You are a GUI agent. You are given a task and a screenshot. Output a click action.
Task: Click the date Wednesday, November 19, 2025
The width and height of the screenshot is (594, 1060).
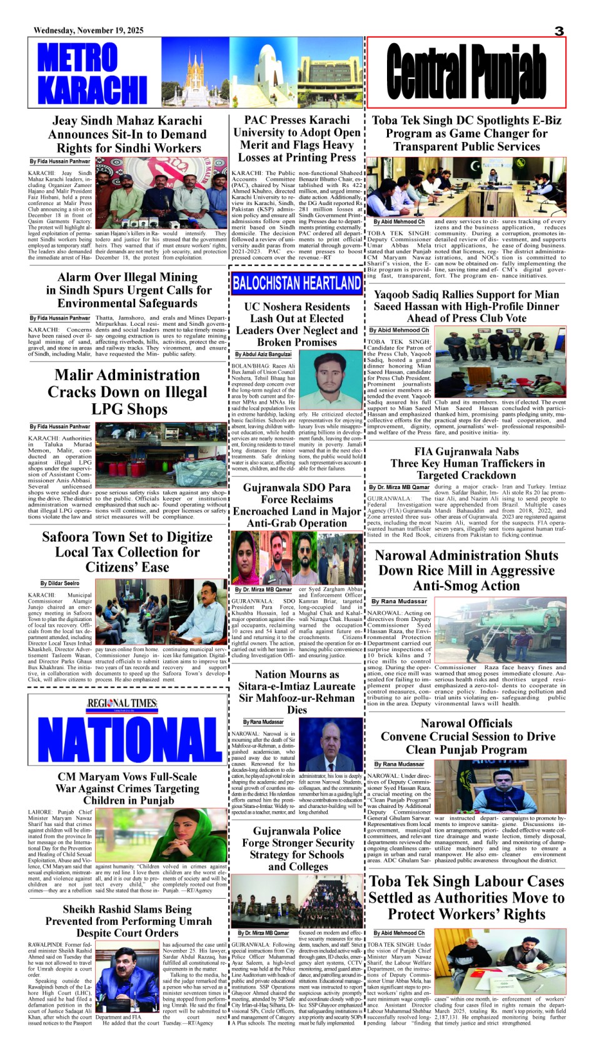click(x=88, y=31)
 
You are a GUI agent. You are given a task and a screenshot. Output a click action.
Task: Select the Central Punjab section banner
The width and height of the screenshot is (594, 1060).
click(x=466, y=73)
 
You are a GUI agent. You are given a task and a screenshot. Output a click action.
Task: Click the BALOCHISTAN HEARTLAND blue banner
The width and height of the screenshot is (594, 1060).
click(x=296, y=283)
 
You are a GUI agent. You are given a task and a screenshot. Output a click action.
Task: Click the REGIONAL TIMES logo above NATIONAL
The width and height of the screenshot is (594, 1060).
click(x=122, y=704)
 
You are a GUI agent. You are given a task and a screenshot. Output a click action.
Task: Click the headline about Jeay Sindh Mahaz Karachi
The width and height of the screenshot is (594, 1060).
click(x=127, y=134)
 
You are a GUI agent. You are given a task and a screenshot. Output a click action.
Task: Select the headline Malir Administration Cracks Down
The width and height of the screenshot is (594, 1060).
click(x=127, y=391)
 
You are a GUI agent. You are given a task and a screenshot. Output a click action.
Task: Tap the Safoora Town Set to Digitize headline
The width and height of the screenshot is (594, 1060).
click(x=127, y=552)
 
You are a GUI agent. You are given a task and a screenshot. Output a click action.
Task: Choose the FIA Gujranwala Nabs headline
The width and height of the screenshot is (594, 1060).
click(x=467, y=463)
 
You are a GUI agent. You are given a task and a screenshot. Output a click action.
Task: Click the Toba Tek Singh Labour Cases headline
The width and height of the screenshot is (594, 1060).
click(x=466, y=897)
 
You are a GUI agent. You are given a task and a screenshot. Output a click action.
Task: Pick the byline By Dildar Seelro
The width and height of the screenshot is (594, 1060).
click(x=60, y=583)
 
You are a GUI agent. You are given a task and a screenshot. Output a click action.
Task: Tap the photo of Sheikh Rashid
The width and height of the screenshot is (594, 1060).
click(x=126, y=978)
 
